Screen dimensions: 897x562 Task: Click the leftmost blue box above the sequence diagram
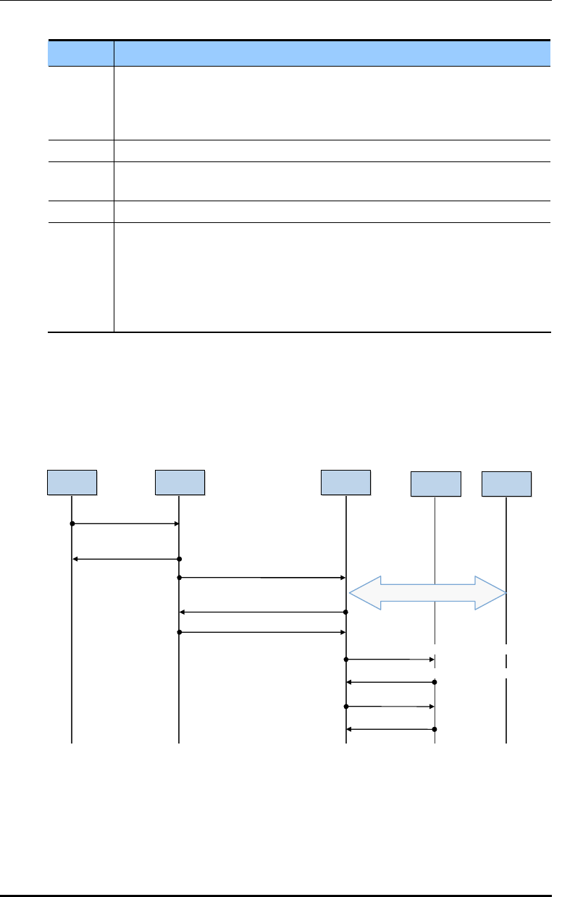(x=72, y=482)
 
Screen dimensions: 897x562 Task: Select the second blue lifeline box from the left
(x=180, y=482)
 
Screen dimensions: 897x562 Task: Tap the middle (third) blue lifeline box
(x=346, y=482)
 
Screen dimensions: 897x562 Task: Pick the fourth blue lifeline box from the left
(x=435, y=484)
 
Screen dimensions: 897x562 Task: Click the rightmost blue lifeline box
(x=507, y=484)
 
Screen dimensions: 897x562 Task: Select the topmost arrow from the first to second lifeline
(x=125, y=523)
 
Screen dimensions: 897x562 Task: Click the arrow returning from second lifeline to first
(x=125, y=559)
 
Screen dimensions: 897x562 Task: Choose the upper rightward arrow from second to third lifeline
(x=262, y=578)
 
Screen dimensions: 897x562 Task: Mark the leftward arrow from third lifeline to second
(x=262, y=612)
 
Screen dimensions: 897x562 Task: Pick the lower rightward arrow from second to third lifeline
(x=262, y=633)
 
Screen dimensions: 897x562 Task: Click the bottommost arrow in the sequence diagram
(x=390, y=729)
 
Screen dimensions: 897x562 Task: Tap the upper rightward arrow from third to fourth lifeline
(x=390, y=660)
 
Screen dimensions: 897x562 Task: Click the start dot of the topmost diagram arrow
(x=72, y=523)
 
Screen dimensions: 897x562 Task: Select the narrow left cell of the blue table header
(x=81, y=52)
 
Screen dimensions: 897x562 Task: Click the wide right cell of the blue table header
(x=331, y=52)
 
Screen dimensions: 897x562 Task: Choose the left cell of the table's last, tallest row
(x=81, y=277)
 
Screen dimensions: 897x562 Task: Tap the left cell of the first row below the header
(x=81, y=103)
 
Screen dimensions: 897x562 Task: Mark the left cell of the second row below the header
(x=81, y=151)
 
